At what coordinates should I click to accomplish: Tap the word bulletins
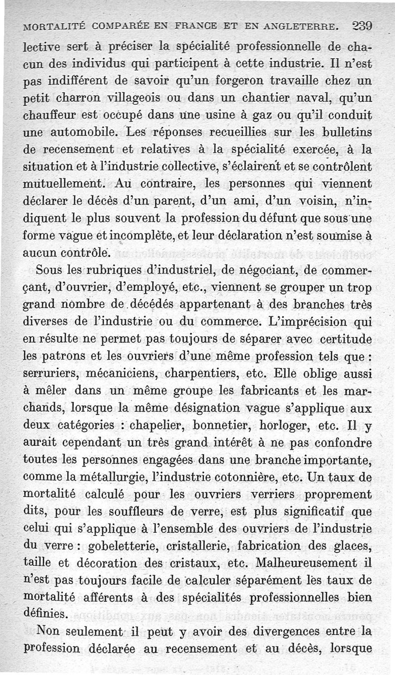[x=345, y=132]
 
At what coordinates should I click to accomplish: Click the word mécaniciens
[x=134, y=374]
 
